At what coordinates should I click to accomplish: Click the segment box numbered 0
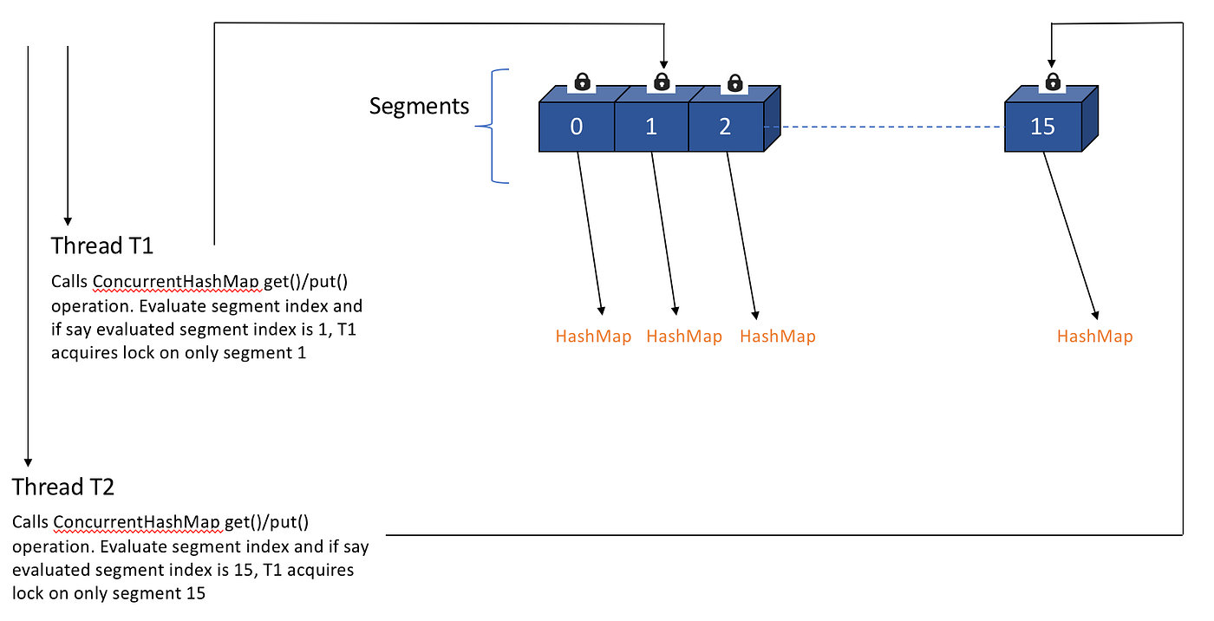pos(577,127)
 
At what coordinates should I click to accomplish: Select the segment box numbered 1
pos(651,127)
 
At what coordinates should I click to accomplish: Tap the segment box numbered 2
pos(726,127)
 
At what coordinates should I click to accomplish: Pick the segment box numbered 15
pos(1042,127)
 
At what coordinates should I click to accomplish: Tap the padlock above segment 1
pos(662,82)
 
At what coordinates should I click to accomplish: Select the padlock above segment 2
pos(735,82)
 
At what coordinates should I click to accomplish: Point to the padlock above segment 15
pos(1052,82)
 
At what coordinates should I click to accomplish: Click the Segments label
pos(419,106)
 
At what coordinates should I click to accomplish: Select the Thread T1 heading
pos(102,245)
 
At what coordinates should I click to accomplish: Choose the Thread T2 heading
pos(63,486)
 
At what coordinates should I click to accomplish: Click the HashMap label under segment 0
pos(593,337)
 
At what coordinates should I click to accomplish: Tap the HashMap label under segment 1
pos(684,337)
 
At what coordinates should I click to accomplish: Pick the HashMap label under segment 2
pos(778,337)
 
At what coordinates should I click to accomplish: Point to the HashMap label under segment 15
pos(1094,337)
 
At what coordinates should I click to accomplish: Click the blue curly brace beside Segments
pos(493,127)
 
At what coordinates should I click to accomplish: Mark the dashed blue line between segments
pos(884,127)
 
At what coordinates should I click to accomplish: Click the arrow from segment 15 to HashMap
pos(1070,234)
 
